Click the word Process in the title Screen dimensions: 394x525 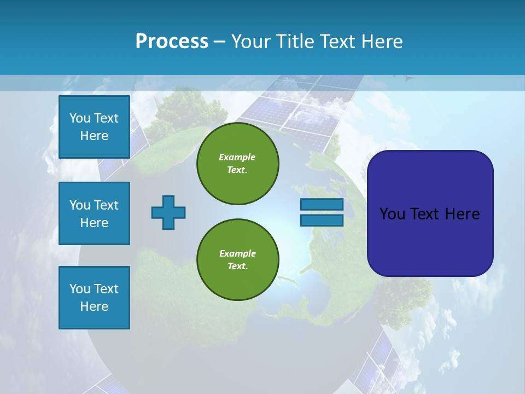pyautogui.click(x=172, y=41)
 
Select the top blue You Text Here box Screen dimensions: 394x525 pyautogui.click(x=94, y=127)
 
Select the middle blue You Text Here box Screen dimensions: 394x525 pyautogui.click(x=94, y=213)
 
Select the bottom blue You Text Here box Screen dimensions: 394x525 pyautogui.click(x=94, y=297)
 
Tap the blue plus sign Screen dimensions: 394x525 pyautogui.click(x=168, y=212)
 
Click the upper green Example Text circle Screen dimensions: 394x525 pyautogui.click(x=237, y=164)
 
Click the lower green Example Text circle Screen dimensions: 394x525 pyautogui.click(x=237, y=260)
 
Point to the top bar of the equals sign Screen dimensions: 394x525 pyautogui.click(x=322, y=204)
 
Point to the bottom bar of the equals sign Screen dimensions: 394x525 pyautogui.click(x=322, y=220)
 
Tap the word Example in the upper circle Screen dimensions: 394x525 pyautogui.click(x=237, y=157)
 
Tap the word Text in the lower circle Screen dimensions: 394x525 pyautogui.click(x=237, y=266)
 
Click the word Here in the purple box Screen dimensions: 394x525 pyautogui.click(x=462, y=214)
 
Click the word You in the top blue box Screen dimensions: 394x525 pyautogui.click(x=79, y=118)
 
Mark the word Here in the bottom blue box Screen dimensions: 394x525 pyautogui.click(x=94, y=306)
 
